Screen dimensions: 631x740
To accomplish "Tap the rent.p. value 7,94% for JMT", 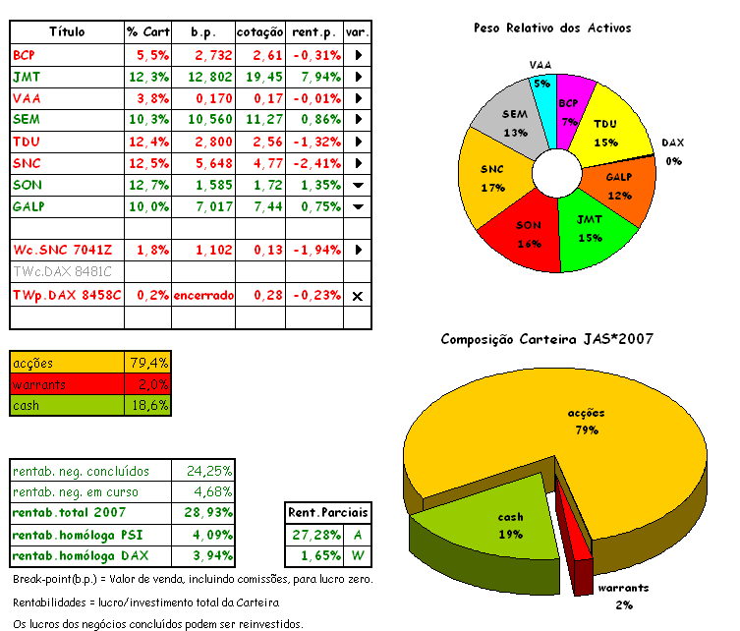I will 314,76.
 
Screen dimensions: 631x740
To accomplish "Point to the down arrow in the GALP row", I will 358,206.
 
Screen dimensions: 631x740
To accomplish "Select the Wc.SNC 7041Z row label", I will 63,251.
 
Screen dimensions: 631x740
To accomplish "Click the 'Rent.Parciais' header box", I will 328,512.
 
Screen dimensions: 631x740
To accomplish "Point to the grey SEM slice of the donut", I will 513,122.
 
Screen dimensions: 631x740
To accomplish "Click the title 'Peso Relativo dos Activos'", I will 551,29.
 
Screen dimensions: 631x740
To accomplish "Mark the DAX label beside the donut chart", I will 672,143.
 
